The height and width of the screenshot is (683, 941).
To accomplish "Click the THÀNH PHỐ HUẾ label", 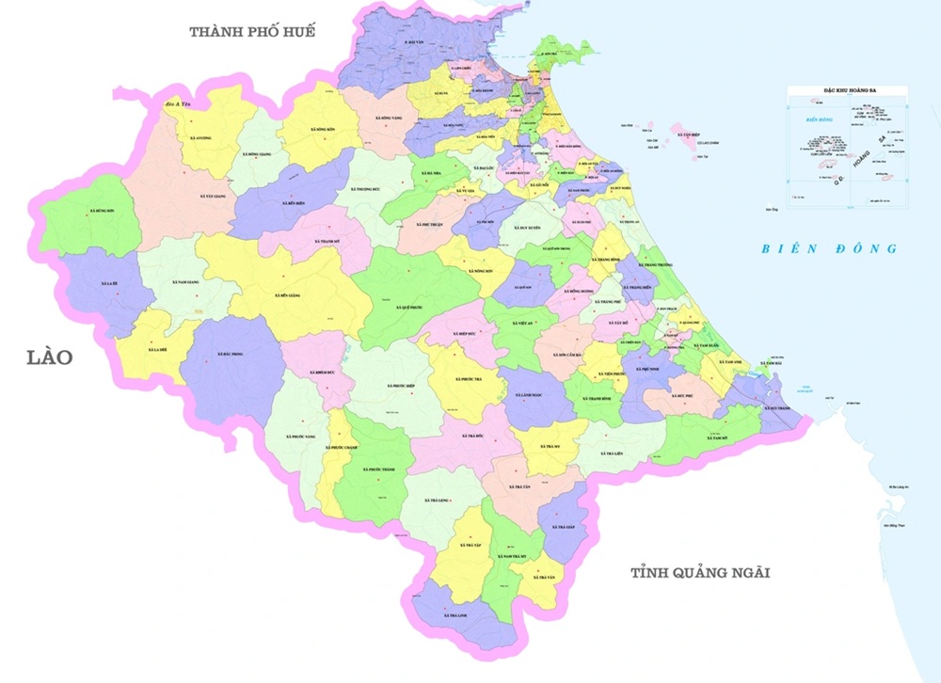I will tap(251, 32).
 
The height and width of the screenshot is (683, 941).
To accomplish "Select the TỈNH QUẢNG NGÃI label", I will tap(701, 572).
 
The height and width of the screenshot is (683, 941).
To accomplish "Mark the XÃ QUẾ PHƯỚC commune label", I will tap(411, 308).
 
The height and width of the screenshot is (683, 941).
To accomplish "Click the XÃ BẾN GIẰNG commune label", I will tap(272, 294).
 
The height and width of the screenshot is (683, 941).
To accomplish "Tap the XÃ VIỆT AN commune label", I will tap(524, 323).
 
